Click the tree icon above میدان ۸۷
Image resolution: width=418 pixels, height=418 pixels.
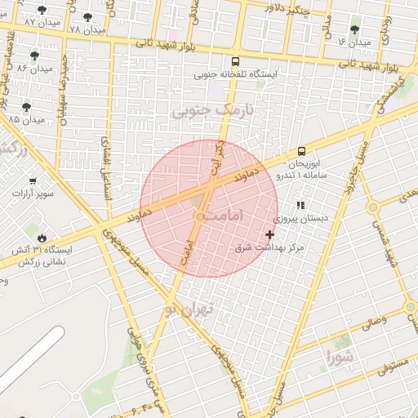(42, 10)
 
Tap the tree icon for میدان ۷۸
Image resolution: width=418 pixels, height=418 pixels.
(87, 17)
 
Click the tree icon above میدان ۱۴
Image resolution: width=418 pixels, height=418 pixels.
(354, 29)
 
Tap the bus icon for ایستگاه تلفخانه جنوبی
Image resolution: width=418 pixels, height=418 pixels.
(236, 61)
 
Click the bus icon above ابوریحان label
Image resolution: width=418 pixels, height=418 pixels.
(302, 151)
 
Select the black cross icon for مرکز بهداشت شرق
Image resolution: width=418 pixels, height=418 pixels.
(270, 234)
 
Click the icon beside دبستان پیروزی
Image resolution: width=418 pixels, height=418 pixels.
(300, 206)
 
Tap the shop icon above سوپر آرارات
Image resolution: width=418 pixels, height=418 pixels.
(33, 181)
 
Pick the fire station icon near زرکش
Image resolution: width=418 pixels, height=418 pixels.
(42, 237)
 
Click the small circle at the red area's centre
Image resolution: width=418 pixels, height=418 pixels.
(200, 216)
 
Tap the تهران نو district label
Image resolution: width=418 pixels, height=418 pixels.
(189, 309)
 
